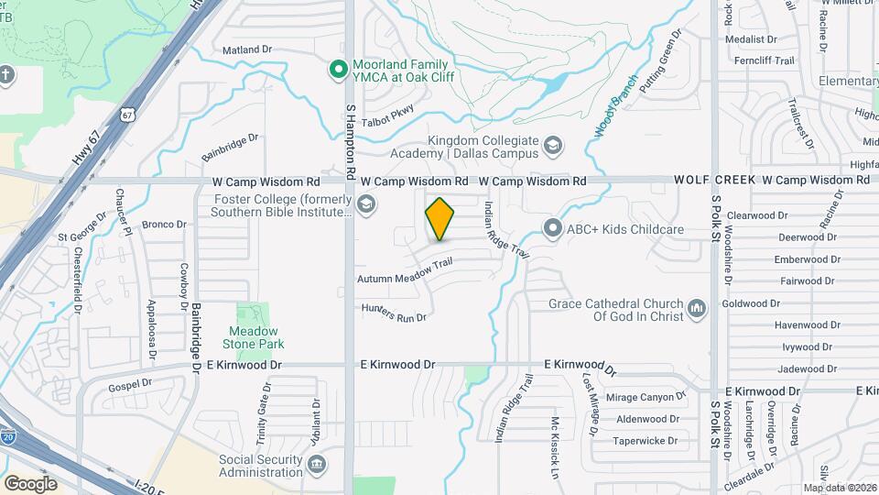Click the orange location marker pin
tap(439, 219)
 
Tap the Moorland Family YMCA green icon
tap(338, 68)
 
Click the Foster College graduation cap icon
tap(365, 204)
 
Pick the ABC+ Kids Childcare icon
tap(552, 228)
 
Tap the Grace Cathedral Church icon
tap(696, 309)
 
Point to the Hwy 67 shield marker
tap(126, 114)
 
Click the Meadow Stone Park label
tap(255, 337)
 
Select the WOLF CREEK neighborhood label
tap(715, 181)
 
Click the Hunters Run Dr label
tap(395, 313)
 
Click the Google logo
tap(31, 483)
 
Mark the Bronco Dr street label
tap(164, 225)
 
